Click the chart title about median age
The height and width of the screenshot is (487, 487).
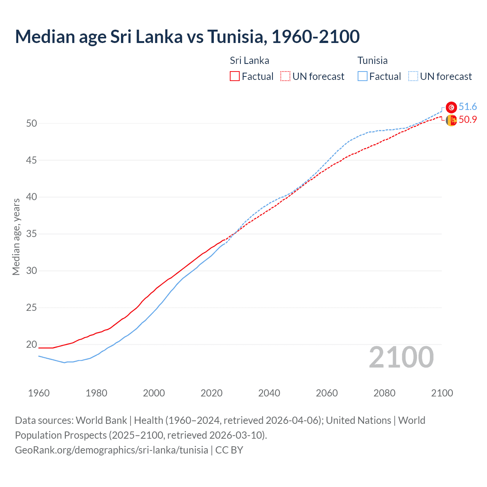(x=187, y=37)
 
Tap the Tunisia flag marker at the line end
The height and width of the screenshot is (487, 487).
(x=451, y=107)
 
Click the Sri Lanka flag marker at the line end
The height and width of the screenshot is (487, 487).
(x=451, y=120)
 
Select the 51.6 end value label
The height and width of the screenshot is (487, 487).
(x=468, y=107)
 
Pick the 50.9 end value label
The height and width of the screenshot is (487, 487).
(x=468, y=119)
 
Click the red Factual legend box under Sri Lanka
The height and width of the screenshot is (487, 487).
(x=235, y=76)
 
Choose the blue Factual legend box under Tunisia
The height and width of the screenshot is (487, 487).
(x=363, y=76)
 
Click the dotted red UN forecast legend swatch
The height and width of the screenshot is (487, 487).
(x=285, y=76)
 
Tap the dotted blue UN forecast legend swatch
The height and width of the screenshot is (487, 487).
(x=413, y=76)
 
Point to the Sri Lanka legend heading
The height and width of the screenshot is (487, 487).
(x=249, y=60)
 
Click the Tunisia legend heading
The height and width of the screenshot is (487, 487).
(x=372, y=60)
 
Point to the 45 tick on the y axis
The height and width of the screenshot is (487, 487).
(x=32, y=160)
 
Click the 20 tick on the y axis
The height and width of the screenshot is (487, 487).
(x=32, y=344)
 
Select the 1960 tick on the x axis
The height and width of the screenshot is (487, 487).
(x=39, y=393)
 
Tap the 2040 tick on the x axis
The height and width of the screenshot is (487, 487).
(x=269, y=393)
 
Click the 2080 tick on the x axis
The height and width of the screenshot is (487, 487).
(x=384, y=393)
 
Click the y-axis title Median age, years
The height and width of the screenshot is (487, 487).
(x=16, y=237)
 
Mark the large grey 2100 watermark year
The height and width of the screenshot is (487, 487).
(x=401, y=357)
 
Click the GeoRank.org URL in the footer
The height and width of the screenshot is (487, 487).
(x=111, y=450)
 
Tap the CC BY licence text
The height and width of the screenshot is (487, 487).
(x=229, y=450)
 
